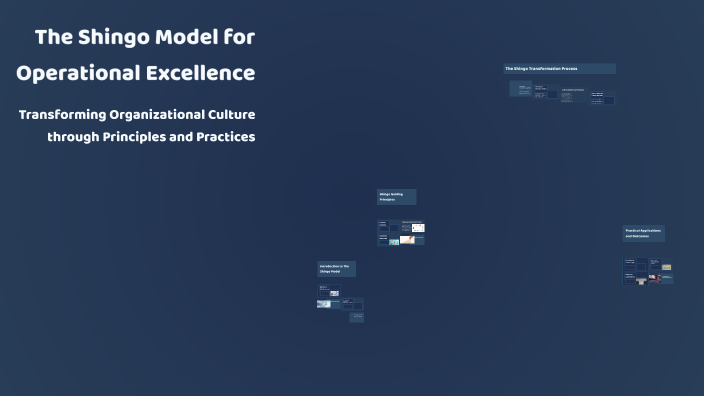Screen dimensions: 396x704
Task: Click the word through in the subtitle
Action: [71, 137]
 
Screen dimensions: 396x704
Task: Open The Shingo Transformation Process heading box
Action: [559, 69]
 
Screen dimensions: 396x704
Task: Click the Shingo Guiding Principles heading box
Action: [396, 197]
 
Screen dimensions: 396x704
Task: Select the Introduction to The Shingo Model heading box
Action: [337, 269]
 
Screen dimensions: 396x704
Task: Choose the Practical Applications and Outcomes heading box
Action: [644, 233]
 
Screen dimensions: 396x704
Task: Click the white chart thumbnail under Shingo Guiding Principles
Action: [418, 228]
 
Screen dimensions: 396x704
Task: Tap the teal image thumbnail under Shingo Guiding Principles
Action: [394, 241]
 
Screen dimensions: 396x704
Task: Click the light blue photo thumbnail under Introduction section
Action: [324, 304]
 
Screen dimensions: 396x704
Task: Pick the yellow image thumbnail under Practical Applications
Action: [667, 267]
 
